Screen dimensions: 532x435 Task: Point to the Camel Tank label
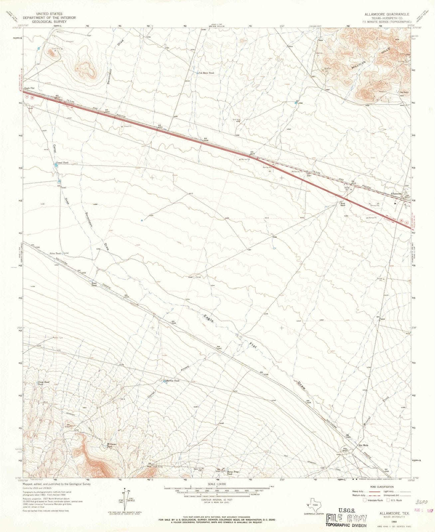(x=62, y=162)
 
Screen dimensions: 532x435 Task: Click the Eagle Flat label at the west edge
(x=29, y=88)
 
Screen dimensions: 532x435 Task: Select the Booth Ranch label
(x=342, y=204)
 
